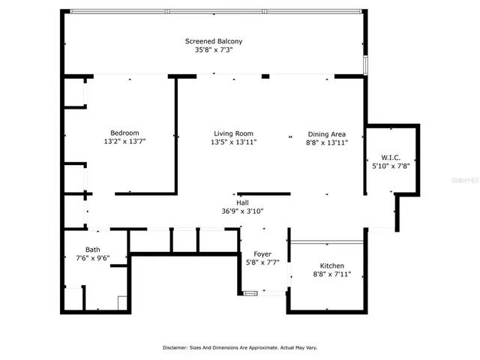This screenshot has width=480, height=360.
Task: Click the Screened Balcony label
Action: (x=214, y=41)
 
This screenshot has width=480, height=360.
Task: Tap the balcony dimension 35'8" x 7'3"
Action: (x=214, y=50)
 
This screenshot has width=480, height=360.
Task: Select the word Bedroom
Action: (x=124, y=133)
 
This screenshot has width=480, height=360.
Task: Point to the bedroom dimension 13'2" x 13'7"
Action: (x=124, y=142)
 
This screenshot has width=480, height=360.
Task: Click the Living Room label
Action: (x=233, y=133)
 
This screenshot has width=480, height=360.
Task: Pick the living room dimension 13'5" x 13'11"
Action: (x=233, y=142)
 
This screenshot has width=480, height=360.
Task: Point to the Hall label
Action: (x=242, y=202)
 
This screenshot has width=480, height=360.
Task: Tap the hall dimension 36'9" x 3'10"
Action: (x=242, y=211)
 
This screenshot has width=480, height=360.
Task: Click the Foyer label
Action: (x=262, y=254)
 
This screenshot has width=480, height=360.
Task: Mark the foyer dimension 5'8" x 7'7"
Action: (x=262, y=263)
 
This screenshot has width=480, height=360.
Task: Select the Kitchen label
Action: (x=332, y=265)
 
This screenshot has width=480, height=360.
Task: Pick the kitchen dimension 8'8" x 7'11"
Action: (x=332, y=274)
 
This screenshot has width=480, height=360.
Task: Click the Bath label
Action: (x=92, y=250)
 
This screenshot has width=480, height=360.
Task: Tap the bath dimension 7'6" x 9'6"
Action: (x=92, y=259)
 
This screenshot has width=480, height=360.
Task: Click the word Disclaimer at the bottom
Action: (x=180, y=348)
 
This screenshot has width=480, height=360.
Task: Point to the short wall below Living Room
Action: (x=263, y=193)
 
